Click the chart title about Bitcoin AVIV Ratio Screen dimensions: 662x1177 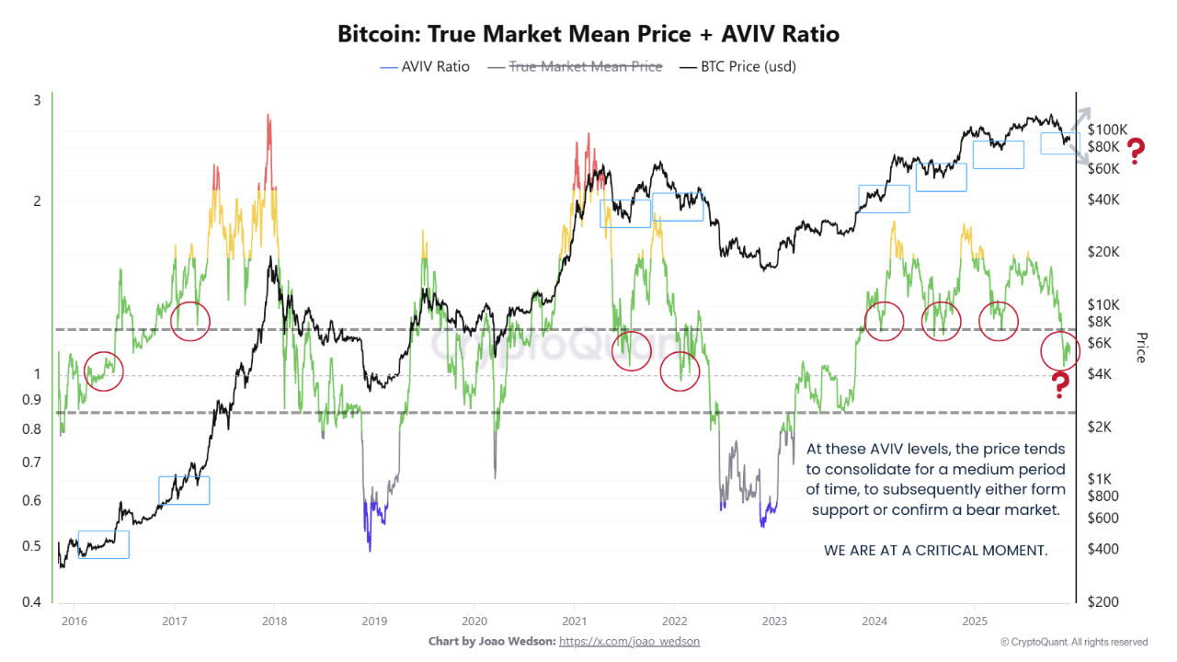coord(588,35)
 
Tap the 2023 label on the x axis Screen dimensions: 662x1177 coord(774,622)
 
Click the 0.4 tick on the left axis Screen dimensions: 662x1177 coord(32,601)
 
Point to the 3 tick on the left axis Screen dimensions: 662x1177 coord(38,100)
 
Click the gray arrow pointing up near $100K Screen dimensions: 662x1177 coord(1083,118)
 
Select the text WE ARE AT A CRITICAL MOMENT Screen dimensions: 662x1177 coord(935,550)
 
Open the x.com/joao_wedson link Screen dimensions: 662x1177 coord(629,641)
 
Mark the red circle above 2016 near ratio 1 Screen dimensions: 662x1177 coord(103,371)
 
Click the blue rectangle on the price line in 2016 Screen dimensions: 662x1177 coord(103,544)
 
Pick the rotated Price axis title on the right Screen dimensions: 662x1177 coord(1141,347)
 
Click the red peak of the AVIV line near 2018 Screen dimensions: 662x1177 coord(269,133)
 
